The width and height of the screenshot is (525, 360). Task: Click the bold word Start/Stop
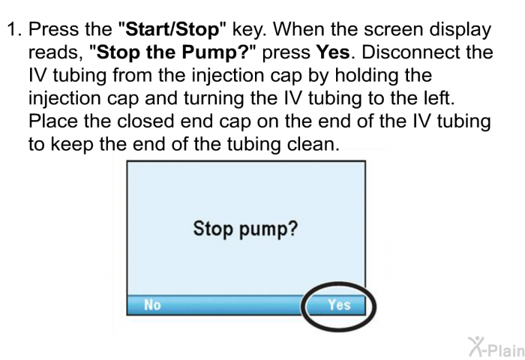click(x=172, y=31)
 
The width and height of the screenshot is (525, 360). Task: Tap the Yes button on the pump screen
click(x=339, y=305)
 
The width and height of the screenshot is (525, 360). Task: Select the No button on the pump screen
click(x=152, y=305)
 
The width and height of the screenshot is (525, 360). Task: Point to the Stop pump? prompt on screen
click(x=245, y=229)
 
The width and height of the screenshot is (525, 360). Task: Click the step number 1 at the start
click(x=11, y=31)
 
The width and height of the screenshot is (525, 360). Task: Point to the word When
click(x=330, y=31)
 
